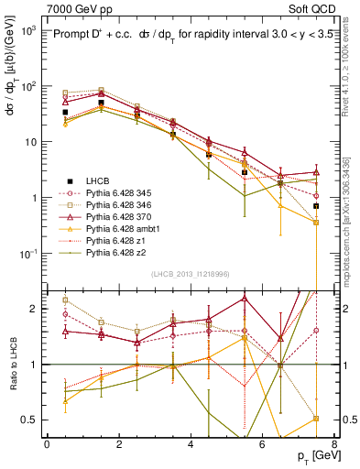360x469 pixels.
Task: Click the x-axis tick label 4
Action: pyautogui.click(x=190, y=444)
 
